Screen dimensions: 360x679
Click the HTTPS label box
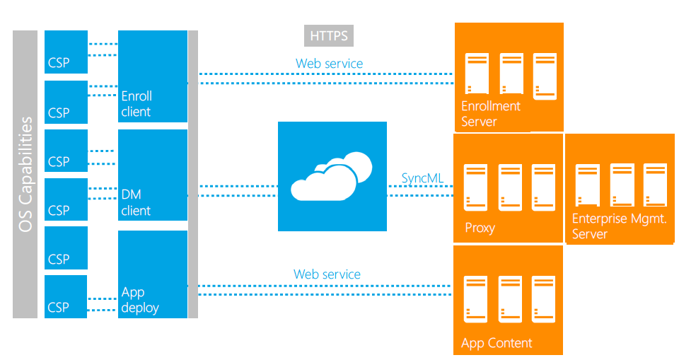[330, 36]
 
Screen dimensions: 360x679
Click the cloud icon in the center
[332, 176]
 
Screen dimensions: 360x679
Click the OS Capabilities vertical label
[25, 174]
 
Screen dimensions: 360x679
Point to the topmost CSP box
[66, 52]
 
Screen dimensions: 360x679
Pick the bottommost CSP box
[66, 296]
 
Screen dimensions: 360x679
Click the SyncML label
[422, 178]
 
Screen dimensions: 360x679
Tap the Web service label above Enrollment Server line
[329, 64]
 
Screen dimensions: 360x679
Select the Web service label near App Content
[327, 274]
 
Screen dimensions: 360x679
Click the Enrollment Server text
[490, 114]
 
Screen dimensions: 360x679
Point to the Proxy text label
[480, 228]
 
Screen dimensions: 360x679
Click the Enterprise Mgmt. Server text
[619, 226]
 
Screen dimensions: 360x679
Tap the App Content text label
[497, 343]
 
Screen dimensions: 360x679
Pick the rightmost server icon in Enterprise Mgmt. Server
[655, 186]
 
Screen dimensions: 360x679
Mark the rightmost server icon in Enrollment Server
[545, 76]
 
